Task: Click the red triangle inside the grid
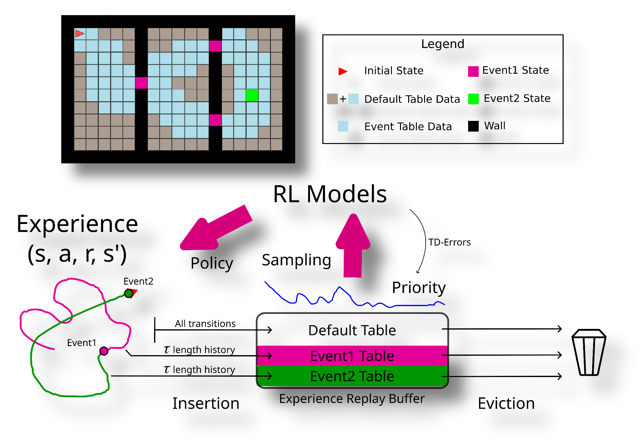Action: (79, 33)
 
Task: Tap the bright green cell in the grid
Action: (252, 95)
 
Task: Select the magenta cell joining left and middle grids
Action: (141, 83)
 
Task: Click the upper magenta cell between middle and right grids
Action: (215, 46)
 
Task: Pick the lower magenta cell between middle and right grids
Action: (215, 120)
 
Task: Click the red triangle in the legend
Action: (342, 72)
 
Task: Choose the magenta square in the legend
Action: (473, 72)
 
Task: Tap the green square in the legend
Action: (473, 99)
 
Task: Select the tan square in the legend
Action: (332, 99)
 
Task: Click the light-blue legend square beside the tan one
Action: (353, 99)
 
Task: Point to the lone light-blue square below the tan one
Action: (343, 126)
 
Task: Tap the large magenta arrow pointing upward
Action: (353, 244)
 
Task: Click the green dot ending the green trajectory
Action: (128, 293)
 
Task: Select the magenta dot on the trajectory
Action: (104, 351)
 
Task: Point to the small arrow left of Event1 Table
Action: (265, 356)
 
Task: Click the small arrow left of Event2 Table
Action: (265, 376)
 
